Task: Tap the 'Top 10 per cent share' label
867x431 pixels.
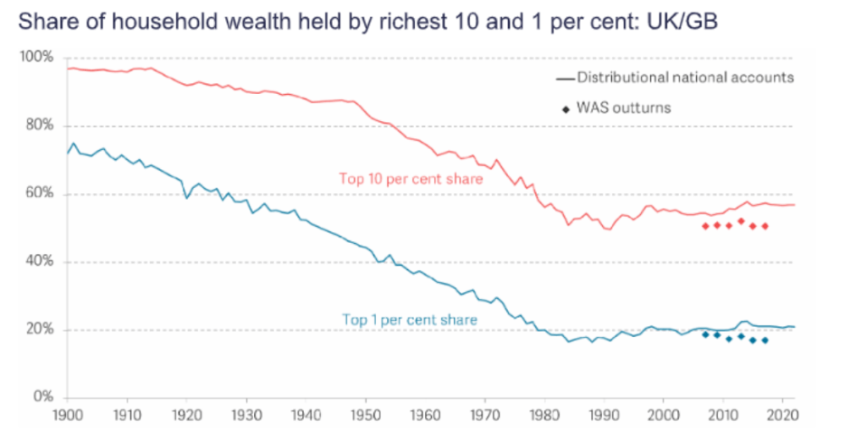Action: coord(410,179)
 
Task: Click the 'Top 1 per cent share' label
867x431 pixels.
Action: coord(409,319)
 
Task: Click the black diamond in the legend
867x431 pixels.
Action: coord(566,108)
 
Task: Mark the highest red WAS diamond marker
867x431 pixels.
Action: coord(740,221)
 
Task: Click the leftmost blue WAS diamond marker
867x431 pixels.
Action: coord(705,334)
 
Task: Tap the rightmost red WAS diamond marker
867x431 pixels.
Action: coord(765,226)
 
